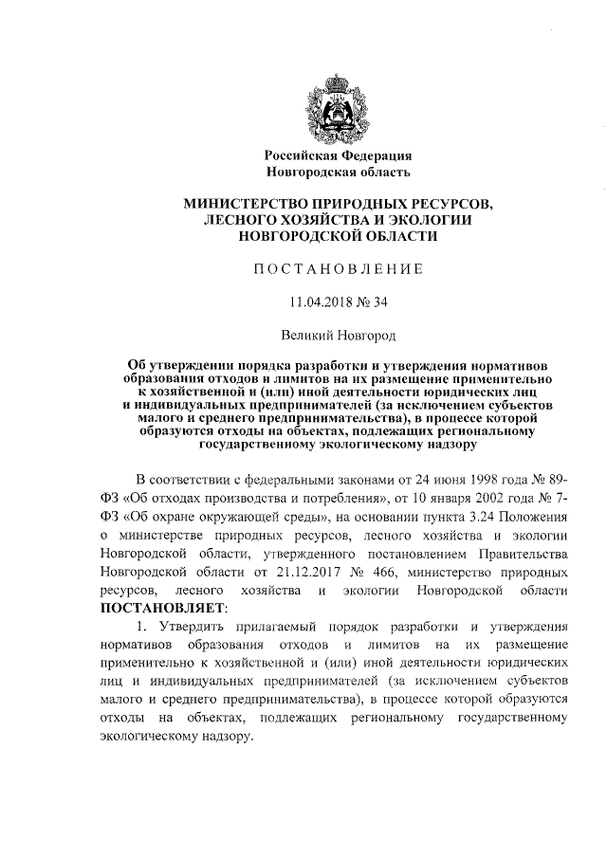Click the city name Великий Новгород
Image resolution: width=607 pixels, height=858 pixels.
click(x=338, y=335)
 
